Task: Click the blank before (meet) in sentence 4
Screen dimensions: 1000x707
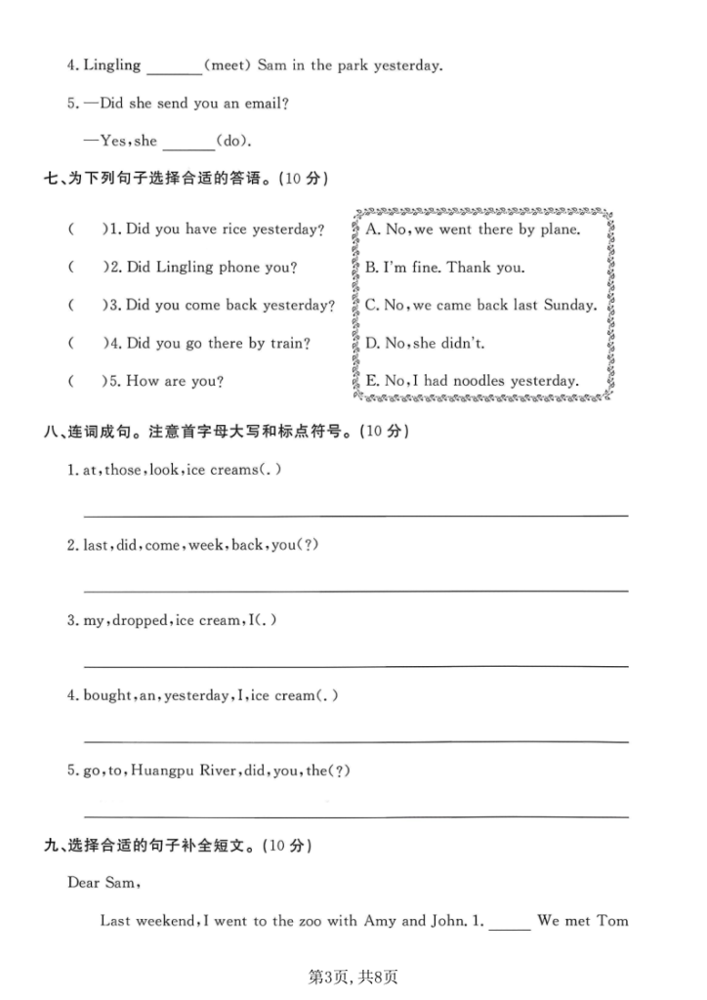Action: [172, 68]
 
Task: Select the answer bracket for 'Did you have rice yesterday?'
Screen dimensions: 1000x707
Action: [86, 229]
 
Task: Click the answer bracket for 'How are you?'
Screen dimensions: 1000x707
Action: [86, 381]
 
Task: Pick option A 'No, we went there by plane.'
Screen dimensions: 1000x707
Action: [473, 229]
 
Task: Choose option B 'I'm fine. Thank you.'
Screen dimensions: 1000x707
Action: [444, 268]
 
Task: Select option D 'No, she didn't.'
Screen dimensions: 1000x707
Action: [425, 343]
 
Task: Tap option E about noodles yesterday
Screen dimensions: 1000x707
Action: [472, 381]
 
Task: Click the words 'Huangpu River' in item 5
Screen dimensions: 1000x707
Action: [178, 771]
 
